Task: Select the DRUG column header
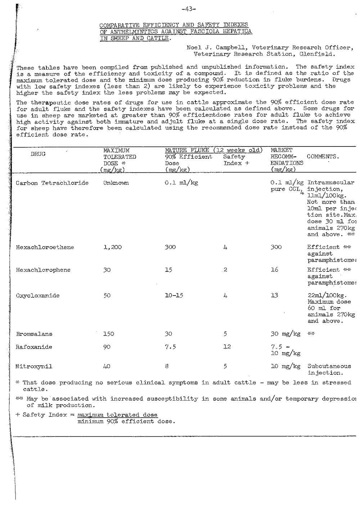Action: pos(38,154)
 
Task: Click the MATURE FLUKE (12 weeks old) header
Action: pos(213,150)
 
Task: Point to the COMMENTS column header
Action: pos(323,157)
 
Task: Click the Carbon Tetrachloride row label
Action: pos(52,183)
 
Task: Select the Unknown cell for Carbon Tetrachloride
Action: pos(116,183)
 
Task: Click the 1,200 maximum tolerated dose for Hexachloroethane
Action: pos(113,247)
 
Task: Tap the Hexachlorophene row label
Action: pos(43,270)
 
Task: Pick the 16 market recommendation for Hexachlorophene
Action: pos(275,270)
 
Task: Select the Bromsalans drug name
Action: pos(34,334)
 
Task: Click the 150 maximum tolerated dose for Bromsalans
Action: pos(108,334)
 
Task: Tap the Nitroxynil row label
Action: pos(34,367)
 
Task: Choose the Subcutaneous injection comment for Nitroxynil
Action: pos(329,370)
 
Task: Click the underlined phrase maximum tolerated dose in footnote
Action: pos(117,415)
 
